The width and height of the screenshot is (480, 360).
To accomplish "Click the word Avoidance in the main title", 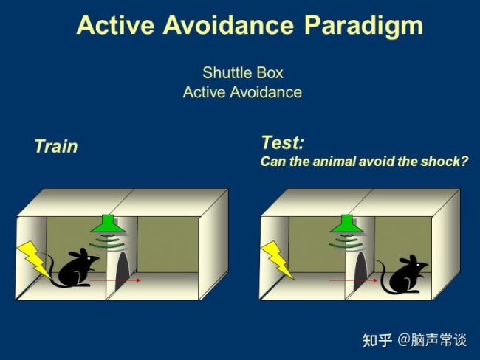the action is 228,24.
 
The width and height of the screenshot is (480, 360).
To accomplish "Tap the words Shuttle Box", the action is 243,73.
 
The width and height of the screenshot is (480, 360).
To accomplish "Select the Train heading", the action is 56,146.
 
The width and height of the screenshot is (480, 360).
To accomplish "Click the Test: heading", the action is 283,142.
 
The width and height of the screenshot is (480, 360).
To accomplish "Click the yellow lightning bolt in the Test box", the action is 278,260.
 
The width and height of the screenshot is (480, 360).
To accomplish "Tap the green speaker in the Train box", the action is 107,225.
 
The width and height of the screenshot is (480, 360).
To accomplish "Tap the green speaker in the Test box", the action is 346,224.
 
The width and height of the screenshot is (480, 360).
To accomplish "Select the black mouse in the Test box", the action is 403,274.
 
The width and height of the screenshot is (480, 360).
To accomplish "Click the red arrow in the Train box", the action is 115,280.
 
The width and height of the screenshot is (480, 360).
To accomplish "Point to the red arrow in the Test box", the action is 354,280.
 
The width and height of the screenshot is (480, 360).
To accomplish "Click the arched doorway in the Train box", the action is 123,271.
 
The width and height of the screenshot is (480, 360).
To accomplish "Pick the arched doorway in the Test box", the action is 360,271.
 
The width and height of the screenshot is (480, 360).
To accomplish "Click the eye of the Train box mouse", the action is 89,259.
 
